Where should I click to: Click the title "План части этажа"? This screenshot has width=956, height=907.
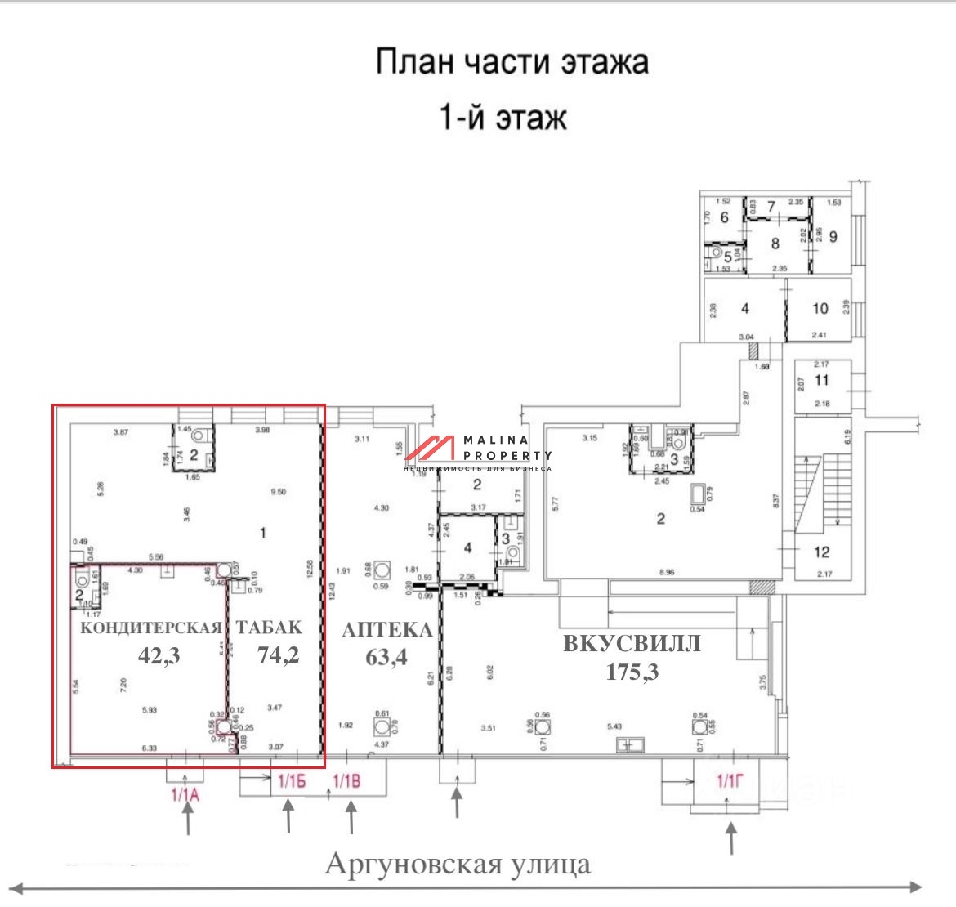pyautogui.click(x=512, y=63)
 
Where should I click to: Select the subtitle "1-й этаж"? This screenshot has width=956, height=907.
pyautogui.click(x=503, y=118)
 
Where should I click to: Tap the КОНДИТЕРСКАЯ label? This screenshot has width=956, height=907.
pyautogui.click(x=151, y=628)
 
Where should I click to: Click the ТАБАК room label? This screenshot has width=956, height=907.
pyautogui.click(x=269, y=628)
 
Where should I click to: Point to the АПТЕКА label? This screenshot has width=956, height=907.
pyautogui.click(x=386, y=630)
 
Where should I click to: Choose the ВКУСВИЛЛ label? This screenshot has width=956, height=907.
pyautogui.click(x=632, y=644)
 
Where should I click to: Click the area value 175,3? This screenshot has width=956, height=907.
pyautogui.click(x=632, y=672)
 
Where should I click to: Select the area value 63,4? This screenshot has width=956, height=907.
pyautogui.click(x=386, y=656)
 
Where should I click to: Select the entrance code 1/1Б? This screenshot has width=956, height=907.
pyautogui.click(x=292, y=781)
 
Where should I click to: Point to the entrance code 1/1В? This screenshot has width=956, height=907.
pyautogui.click(x=346, y=781)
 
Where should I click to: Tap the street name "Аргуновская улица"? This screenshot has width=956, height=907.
pyautogui.click(x=458, y=863)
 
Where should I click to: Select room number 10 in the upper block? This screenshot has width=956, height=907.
pyautogui.click(x=820, y=308)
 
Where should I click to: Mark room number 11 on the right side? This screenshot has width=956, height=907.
pyautogui.click(x=821, y=380)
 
